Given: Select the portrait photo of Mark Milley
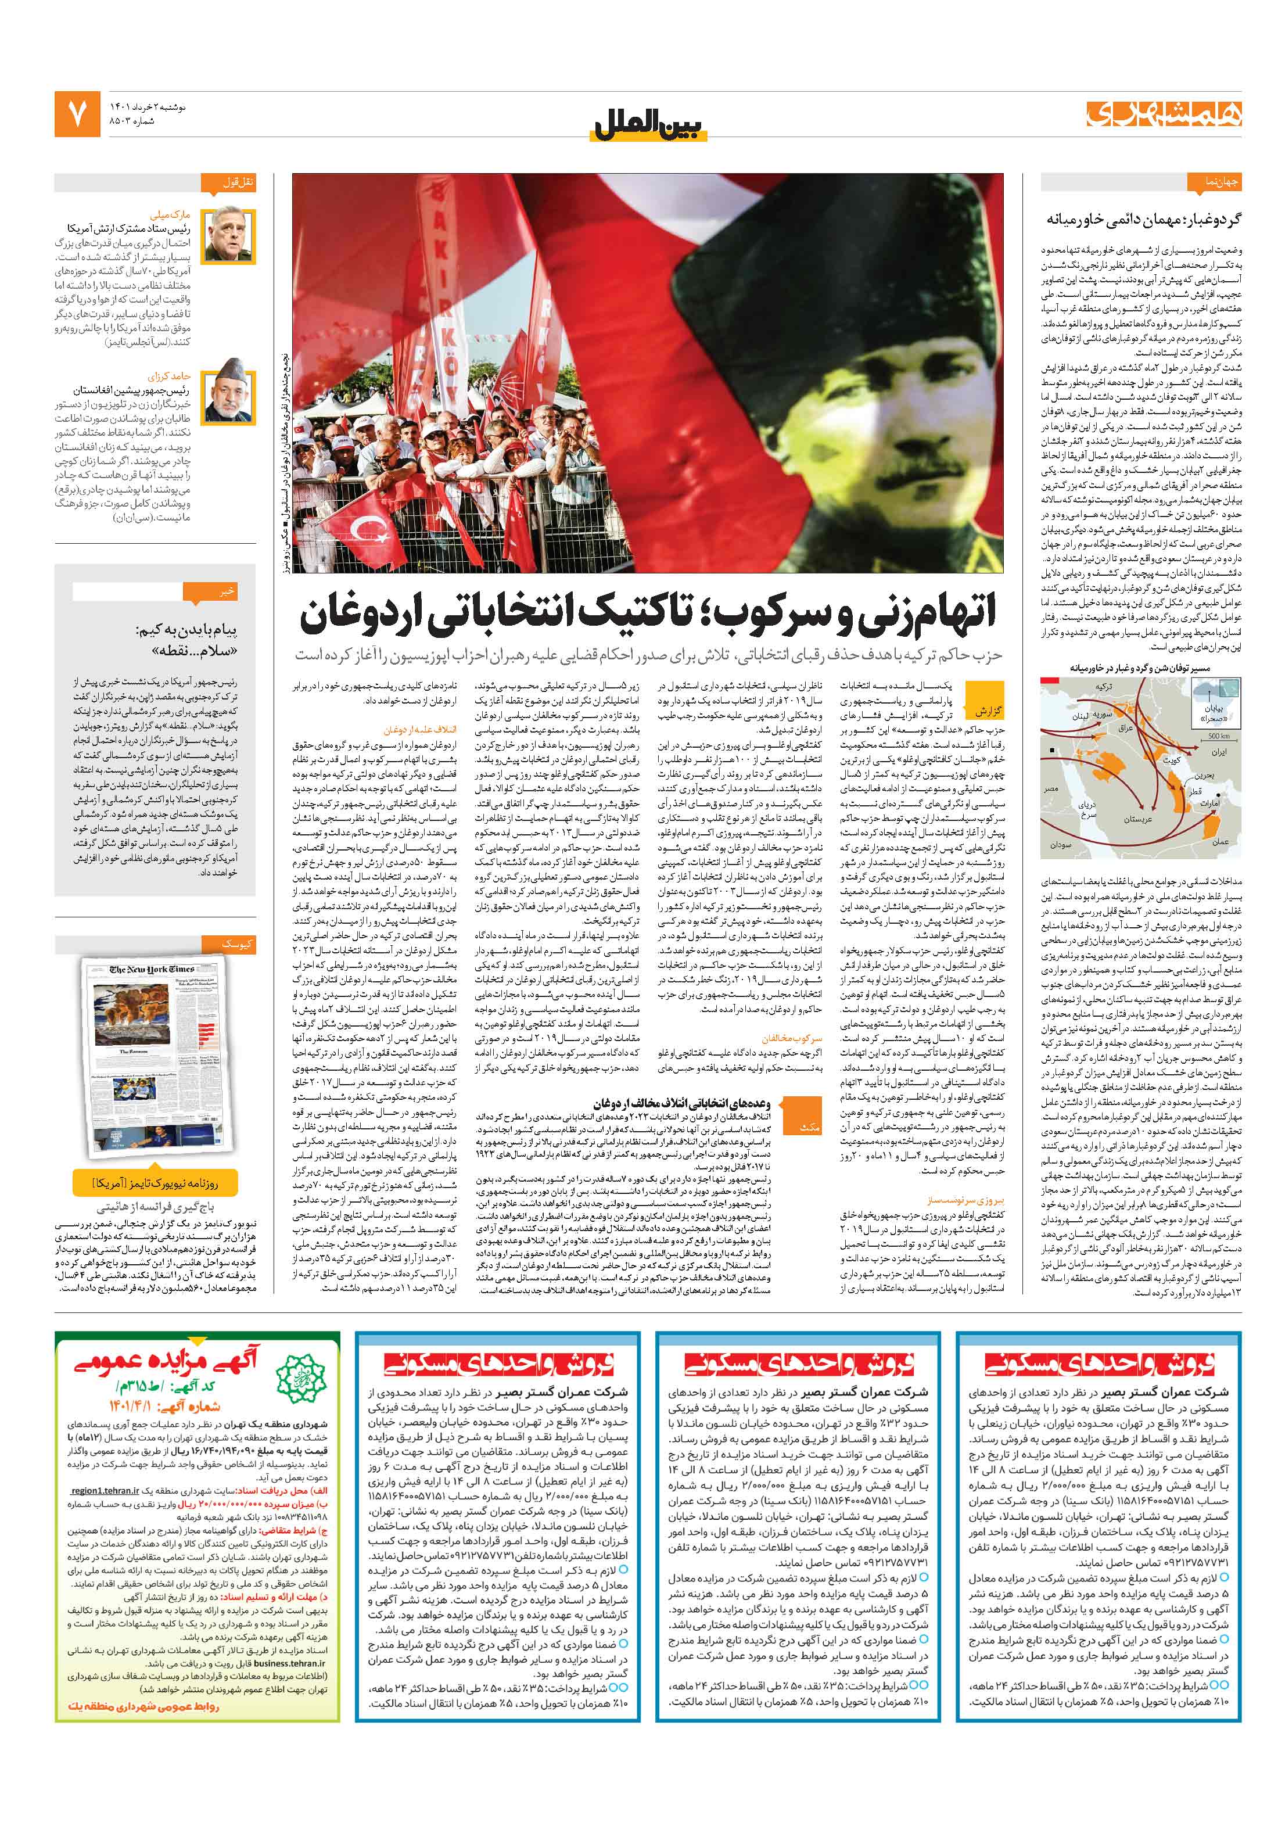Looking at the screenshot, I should click(x=228, y=235).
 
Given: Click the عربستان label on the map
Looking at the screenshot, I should click(x=1137, y=819).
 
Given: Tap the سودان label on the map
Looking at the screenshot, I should click(x=1060, y=845).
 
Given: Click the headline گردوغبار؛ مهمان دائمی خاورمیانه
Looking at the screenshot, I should click(x=1142, y=220).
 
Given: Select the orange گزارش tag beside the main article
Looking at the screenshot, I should click(x=989, y=710).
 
